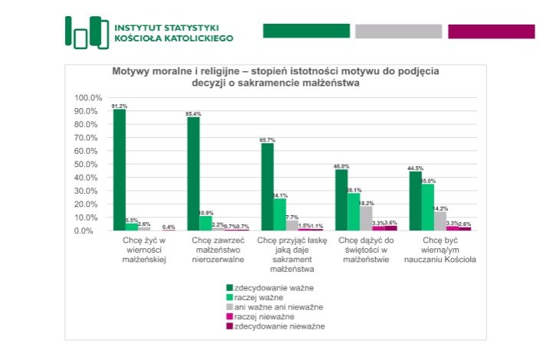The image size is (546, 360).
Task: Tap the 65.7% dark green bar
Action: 267,187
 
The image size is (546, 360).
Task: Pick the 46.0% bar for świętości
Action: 341,200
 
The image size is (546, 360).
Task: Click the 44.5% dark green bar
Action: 415,201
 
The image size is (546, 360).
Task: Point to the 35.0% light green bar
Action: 427,207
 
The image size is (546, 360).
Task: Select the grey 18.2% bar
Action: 366,218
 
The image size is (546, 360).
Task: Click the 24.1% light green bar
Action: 280,214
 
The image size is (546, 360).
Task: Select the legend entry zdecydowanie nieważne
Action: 274,326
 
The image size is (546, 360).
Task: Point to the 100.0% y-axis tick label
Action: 88,98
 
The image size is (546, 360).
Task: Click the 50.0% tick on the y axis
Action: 90,165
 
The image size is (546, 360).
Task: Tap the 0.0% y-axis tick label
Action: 93,231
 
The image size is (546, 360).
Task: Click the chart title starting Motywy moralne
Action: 276,77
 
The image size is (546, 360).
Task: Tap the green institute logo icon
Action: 86,31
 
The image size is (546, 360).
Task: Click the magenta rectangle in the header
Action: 491,31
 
